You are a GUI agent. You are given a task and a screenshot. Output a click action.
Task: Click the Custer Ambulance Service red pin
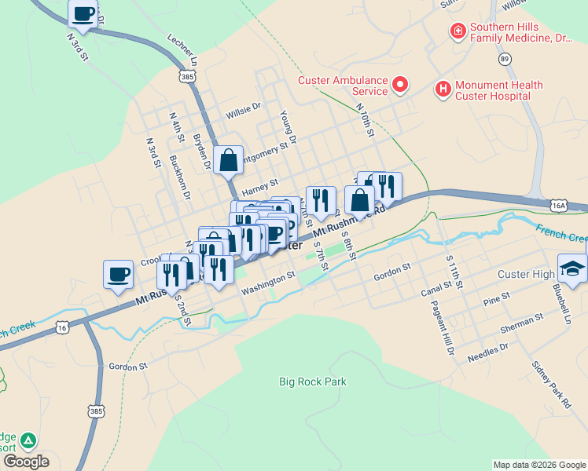pyautogui.click(x=400, y=84)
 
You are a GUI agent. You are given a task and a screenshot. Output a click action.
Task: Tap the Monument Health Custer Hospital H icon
pyautogui.click(x=443, y=89)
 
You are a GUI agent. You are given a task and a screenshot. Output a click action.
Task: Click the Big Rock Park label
pyautogui.click(x=313, y=382)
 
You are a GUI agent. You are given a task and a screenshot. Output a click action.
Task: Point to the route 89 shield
pyautogui.click(x=504, y=59)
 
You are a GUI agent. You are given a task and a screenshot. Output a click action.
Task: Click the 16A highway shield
pyautogui.click(x=559, y=205)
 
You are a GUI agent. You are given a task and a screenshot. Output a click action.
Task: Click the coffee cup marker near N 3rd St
pyautogui.click(x=83, y=13)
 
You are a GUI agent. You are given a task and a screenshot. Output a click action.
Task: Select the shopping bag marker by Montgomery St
pyautogui.click(x=227, y=160)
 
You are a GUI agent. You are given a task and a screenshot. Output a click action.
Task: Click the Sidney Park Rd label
pyautogui.click(x=550, y=385)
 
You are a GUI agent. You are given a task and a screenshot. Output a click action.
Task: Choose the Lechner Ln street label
pyautogui.click(x=182, y=49)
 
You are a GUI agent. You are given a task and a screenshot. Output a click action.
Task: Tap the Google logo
pyautogui.click(x=25, y=462)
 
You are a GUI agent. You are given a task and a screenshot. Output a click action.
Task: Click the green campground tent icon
pyautogui.click(x=28, y=440)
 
